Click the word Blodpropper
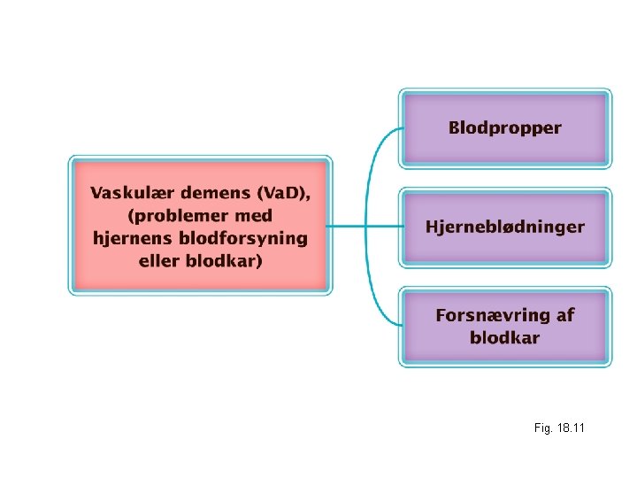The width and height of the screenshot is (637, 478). [x=504, y=128]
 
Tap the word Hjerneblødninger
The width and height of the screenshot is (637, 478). [x=504, y=227]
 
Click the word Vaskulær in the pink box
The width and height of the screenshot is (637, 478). [x=130, y=192]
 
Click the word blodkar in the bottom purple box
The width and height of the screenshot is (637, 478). [x=504, y=337]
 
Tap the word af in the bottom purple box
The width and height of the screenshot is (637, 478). [x=564, y=315]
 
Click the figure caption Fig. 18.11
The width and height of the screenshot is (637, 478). [x=559, y=428]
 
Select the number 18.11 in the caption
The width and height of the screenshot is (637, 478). [x=570, y=428]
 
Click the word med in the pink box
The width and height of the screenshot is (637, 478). [x=254, y=215]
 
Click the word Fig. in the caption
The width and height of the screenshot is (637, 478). [x=541, y=428]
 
